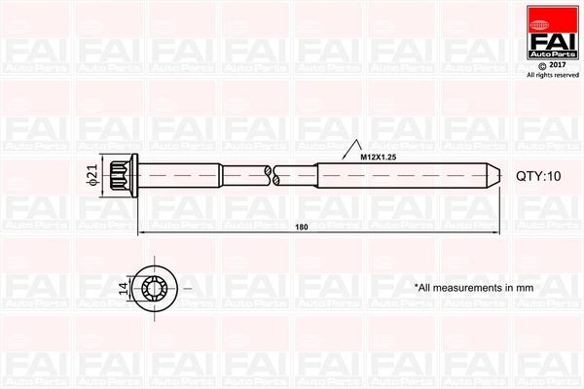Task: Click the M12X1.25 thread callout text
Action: [x=378, y=158]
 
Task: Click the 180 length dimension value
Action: [x=302, y=227]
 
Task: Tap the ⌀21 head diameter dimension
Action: [x=93, y=175]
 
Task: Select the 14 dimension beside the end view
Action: [x=124, y=288]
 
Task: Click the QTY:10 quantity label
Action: [x=538, y=176]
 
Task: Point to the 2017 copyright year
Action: [x=558, y=65]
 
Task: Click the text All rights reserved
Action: [x=553, y=75]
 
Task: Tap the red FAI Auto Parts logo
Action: [x=553, y=32]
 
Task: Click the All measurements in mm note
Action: [x=474, y=288]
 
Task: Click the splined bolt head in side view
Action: [x=121, y=175]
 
